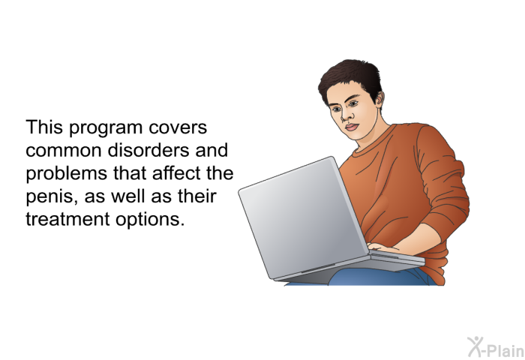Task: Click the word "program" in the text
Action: (x=106, y=128)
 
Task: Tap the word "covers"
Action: (x=178, y=127)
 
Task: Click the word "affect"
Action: (x=174, y=172)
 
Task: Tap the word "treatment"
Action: (x=67, y=219)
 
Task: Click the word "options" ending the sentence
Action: (x=150, y=220)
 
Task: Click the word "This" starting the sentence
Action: (x=44, y=127)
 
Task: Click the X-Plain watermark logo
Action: (x=496, y=347)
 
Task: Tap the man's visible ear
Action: (x=379, y=100)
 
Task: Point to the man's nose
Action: (x=346, y=115)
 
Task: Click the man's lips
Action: (x=352, y=127)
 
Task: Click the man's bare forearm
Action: (x=422, y=238)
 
